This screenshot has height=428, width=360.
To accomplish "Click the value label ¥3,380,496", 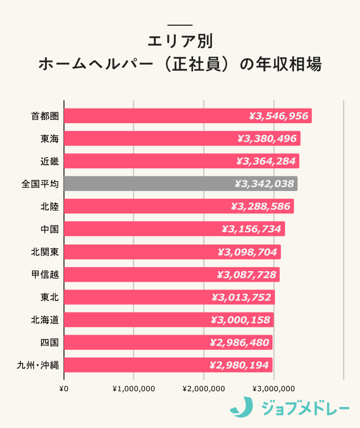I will point(267,138).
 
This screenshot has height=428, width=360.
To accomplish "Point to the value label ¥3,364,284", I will point(266,161).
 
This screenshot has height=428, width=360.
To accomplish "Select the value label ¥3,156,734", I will point(252,229).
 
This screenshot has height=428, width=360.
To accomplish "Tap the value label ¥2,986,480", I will point(239,343).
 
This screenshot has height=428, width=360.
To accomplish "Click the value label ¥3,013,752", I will point(241,297).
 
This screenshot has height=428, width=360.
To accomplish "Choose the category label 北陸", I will point(49,207).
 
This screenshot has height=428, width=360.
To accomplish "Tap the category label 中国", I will point(49,229).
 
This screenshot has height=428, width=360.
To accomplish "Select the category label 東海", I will point(49,139).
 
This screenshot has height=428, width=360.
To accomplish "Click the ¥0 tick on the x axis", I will point(64,389).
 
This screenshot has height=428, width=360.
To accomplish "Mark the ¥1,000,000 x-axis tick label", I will point(133,389).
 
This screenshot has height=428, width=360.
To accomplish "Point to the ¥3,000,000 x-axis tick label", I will point(273,389).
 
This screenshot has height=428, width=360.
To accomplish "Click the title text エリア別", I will point(180,41).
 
